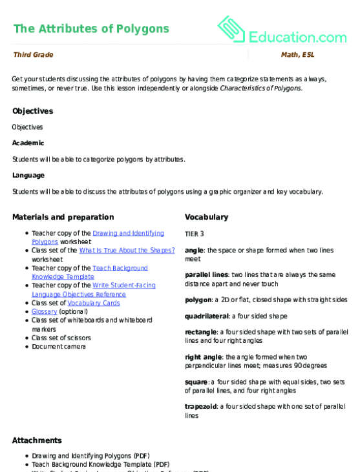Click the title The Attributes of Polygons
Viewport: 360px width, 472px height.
point(90,28)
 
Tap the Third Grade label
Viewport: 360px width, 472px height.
point(33,55)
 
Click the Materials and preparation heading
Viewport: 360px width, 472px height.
point(63,217)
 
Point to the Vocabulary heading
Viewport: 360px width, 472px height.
point(206,217)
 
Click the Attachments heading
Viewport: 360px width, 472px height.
point(37,440)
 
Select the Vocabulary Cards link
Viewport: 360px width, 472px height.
point(94,303)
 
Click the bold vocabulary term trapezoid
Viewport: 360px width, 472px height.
point(201,407)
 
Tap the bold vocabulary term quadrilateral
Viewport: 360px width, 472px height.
point(206,316)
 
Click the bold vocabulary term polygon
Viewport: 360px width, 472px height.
point(198,300)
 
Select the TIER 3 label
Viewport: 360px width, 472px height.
point(195,234)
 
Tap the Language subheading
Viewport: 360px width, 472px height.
point(28,175)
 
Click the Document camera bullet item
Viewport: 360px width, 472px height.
point(59,346)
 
